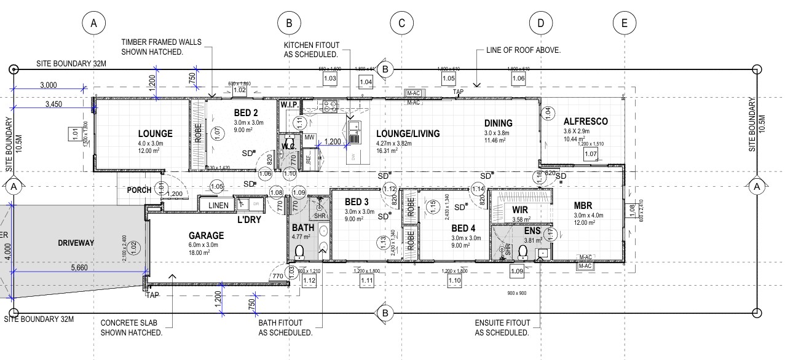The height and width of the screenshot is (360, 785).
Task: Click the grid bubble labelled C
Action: (x=401, y=23)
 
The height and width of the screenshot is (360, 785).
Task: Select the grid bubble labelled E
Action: (x=624, y=23)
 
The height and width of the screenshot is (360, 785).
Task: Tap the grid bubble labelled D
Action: (x=540, y=23)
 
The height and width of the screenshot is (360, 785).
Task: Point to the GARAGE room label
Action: (x=206, y=235)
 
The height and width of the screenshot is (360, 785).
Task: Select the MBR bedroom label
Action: (x=582, y=205)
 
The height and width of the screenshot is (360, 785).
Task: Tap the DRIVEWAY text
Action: (x=76, y=243)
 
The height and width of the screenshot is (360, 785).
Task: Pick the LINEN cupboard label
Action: (x=218, y=205)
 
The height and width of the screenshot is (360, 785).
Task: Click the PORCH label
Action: (x=139, y=190)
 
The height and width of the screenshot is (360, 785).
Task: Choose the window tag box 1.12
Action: (x=309, y=281)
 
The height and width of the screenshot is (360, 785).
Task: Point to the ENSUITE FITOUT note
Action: (x=502, y=327)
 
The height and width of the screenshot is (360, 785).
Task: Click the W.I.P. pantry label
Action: (x=290, y=105)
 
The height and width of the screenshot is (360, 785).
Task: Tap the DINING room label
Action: (x=498, y=123)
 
